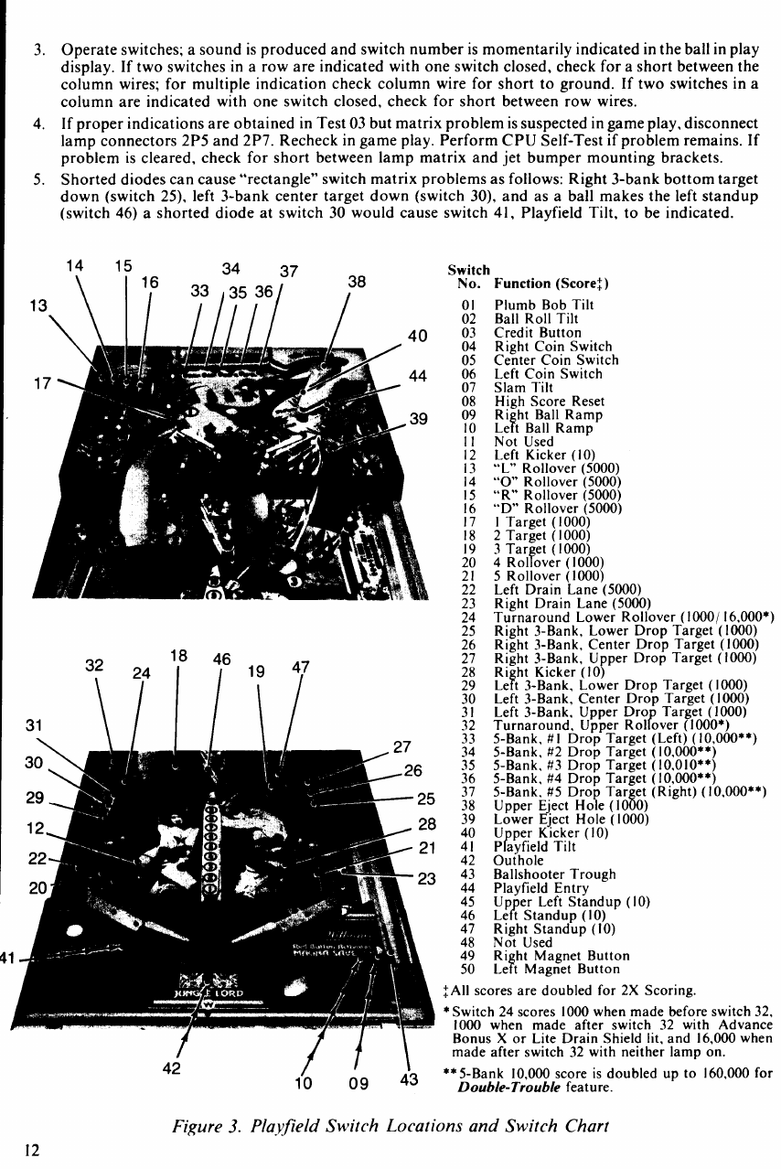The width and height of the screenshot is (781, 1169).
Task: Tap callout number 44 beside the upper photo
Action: (x=419, y=377)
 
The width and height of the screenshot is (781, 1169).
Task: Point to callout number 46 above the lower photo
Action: (x=221, y=659)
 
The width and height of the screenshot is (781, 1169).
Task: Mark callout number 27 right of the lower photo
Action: (x=402, y=745)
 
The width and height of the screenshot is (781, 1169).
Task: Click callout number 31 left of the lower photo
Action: (x=37, y=725)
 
